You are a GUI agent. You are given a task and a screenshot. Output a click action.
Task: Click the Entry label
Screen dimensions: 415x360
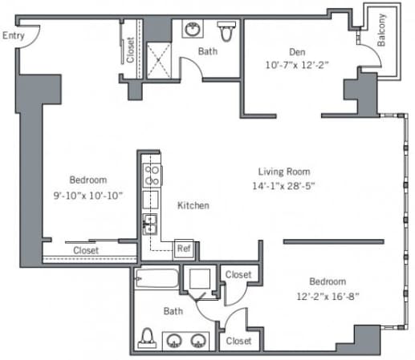[x=14, y=35]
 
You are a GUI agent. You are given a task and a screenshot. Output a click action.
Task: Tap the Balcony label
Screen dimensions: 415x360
[x=381, y=30]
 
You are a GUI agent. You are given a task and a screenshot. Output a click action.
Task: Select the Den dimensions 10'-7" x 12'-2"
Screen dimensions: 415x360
[x=297, y=65]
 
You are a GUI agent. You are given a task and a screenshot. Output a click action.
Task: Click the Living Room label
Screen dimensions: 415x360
[x=284, y=172]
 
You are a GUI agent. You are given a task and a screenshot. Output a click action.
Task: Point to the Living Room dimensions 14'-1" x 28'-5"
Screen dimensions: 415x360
[x=283, y=185]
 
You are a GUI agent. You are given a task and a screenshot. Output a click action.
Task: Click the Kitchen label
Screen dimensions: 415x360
[x=193, y=205]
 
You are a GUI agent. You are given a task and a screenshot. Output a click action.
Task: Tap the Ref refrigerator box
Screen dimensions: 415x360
[x=184, y=249]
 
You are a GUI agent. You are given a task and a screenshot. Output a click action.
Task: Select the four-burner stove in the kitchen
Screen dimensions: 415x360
[x=152, y=176]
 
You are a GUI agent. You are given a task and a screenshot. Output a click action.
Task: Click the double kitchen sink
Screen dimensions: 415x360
[x=150, y=224]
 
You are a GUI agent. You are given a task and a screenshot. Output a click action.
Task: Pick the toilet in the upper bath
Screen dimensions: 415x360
[x=226, y=31]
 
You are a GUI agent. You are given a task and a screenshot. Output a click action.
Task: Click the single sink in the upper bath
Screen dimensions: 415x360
[x=193, y=28]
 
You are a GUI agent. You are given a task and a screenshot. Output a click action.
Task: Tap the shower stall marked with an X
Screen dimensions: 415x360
[x=159, y=60]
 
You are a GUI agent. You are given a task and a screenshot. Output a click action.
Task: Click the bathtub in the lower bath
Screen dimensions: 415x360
[x=157, y=278]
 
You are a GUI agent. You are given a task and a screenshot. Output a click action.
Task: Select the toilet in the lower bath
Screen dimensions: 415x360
[x=147, y=338]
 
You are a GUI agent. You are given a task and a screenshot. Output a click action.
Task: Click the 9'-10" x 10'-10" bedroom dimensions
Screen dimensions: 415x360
[x=88, y=196]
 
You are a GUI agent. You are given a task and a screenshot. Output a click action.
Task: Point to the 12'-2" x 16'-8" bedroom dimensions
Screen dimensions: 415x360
[x=328, y=296]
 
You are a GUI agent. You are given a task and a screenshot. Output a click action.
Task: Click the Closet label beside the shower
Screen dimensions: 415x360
[x=130, y=50]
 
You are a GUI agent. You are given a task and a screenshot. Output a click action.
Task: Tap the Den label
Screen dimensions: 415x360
[x=297, y=51]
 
